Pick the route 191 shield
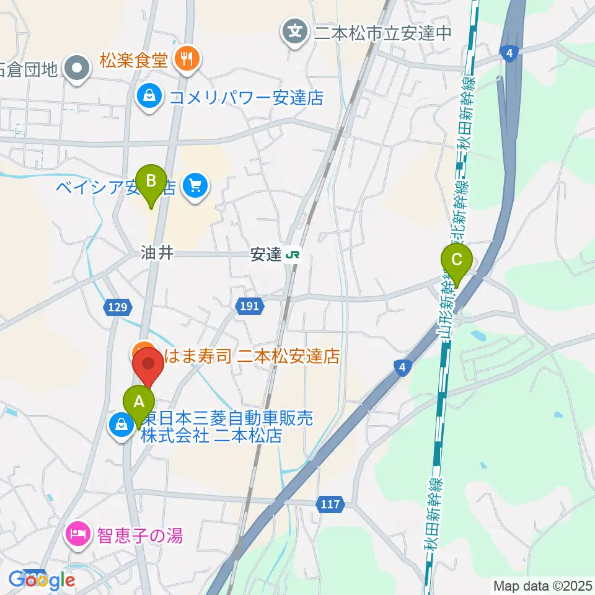point(250,305)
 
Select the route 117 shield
point(330,505)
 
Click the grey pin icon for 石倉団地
point(79,68)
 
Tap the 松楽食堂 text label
point(133,61)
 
